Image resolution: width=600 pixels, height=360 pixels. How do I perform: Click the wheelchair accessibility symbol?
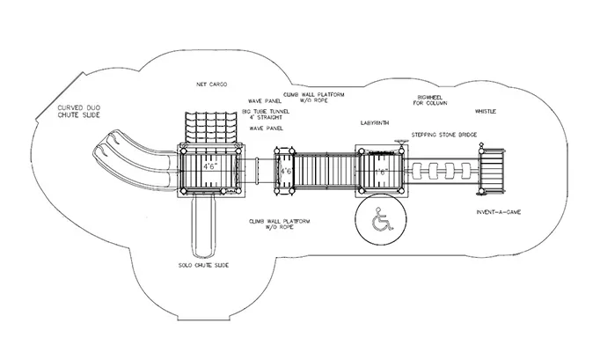click(383, 219)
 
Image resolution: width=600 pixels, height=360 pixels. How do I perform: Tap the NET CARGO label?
click(212, 84)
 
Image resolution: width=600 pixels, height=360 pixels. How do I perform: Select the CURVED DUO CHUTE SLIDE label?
click(79, 112)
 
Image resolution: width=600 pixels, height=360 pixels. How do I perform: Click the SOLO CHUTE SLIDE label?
click(203, 265)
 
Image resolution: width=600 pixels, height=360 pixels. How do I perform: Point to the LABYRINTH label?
click(375, 123)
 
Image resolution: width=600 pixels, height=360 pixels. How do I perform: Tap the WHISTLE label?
click(486, 112)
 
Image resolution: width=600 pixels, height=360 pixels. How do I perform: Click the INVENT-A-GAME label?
click(499, 212)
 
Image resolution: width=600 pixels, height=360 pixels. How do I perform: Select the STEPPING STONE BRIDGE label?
click(444, 135)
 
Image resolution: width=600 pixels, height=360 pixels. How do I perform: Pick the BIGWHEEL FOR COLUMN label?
click(430, 100)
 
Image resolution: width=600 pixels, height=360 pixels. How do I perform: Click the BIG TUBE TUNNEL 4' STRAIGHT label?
click(266, 114)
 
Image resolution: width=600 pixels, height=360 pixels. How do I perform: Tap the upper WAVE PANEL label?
click(265, 101)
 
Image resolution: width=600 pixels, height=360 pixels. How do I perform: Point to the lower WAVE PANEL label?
click(267, 129)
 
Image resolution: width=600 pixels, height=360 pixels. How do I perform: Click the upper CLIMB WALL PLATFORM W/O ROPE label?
click(314, 98)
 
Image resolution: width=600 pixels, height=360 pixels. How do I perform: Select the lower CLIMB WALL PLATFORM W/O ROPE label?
click(280, 224)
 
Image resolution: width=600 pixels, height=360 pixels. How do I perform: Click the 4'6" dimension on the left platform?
click(210, 166)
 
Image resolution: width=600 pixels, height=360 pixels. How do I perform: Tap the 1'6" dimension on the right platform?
click(381, 172)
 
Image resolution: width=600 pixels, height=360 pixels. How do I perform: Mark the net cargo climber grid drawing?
click(209, 128)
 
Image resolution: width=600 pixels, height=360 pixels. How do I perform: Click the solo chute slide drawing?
click(203, 226)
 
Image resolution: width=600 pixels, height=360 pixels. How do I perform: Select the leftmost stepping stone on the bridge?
click(417, 171)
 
